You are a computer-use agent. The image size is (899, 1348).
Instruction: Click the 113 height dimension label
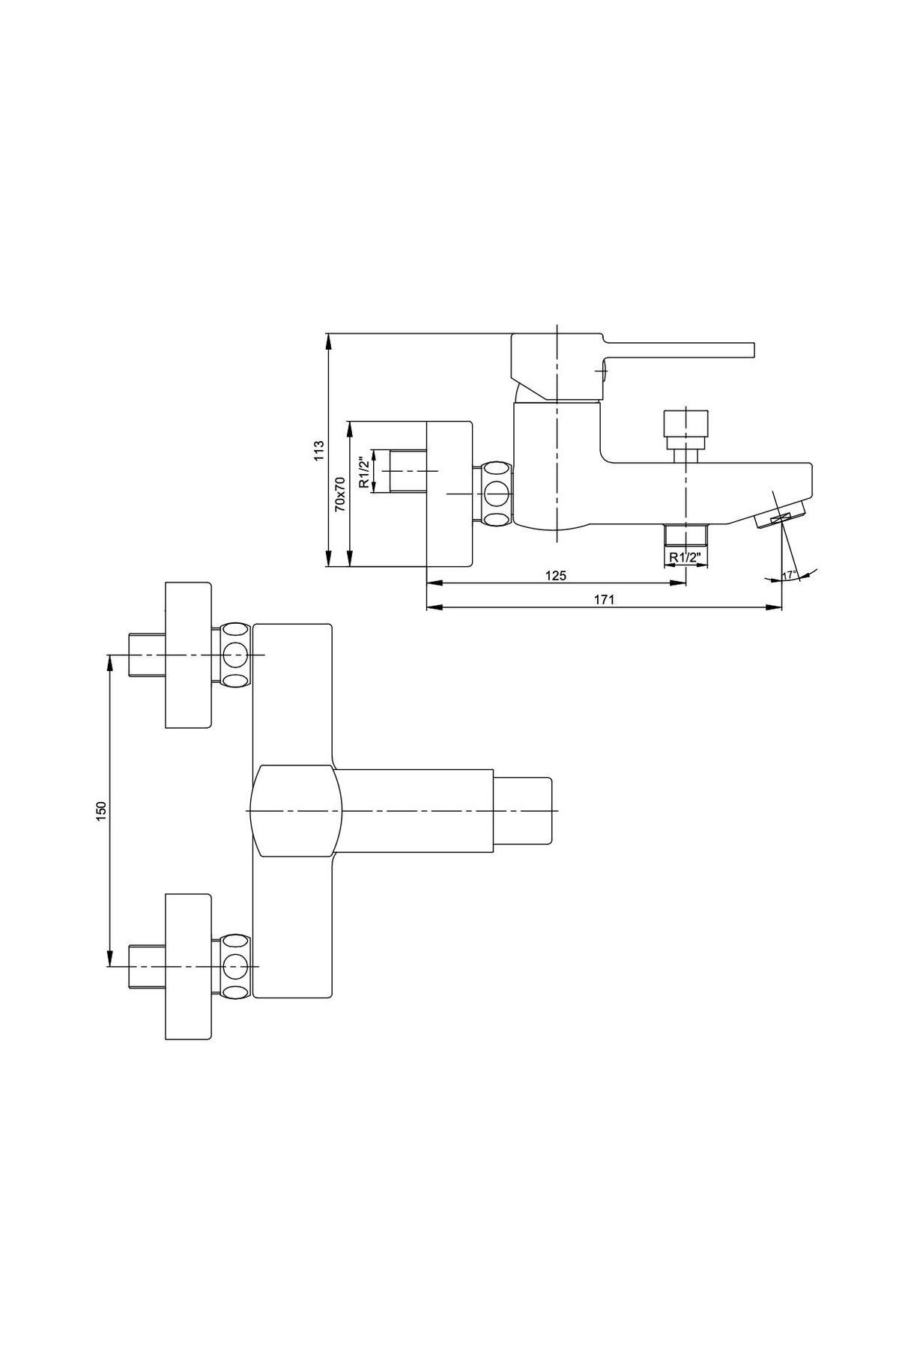click(318, 450)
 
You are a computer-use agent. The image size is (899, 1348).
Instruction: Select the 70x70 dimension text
click(339, 494)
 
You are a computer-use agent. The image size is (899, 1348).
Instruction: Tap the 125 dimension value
click(555, 575)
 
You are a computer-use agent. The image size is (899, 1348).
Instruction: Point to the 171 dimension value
click(605, 599)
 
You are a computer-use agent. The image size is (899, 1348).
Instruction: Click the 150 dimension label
click(103, 810)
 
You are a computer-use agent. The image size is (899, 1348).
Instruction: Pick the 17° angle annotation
click(788, 574)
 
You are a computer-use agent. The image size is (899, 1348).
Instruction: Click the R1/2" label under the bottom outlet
click(685, 556)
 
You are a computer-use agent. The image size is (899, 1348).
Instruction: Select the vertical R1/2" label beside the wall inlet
click(363, 472)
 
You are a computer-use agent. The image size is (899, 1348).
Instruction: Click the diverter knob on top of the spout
click(685, 428)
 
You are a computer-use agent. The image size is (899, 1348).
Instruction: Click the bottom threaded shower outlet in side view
click(685, 535)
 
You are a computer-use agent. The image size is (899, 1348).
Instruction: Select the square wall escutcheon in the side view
click(449, 494)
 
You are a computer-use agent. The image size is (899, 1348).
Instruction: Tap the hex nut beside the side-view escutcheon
click(495, 494)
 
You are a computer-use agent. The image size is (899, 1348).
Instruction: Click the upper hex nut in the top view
click(235, 655)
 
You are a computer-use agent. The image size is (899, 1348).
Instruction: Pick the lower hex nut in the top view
click(235, 966)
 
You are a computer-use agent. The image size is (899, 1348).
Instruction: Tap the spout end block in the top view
click(523, 811)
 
